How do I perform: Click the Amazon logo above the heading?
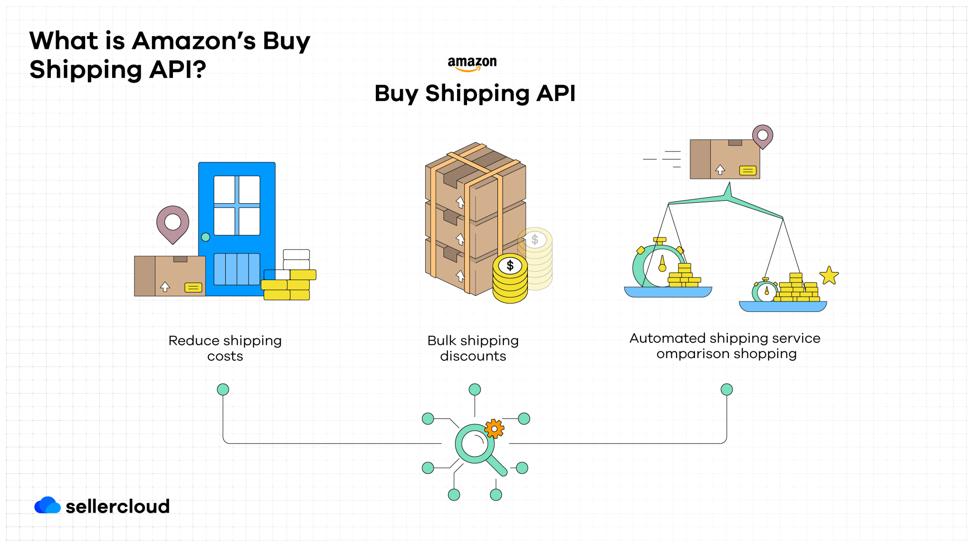coord(472,64)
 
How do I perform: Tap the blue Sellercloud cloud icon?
coord(47,506)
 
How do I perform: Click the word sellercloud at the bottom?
coord(117,507)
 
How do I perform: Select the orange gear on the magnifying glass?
coord(494,429)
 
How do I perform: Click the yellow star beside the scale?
coord(829,275)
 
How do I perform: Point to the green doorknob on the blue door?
coord(206,237)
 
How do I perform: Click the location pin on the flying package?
coord(763,136)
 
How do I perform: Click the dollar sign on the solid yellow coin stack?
coord(510,265)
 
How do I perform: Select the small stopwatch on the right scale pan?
coord(765,292)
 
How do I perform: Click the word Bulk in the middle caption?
coord(442,341)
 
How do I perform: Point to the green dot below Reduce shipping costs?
coord(223,390)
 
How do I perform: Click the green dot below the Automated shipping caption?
coord(726,390)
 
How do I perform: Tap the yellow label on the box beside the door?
coord(193,287)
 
